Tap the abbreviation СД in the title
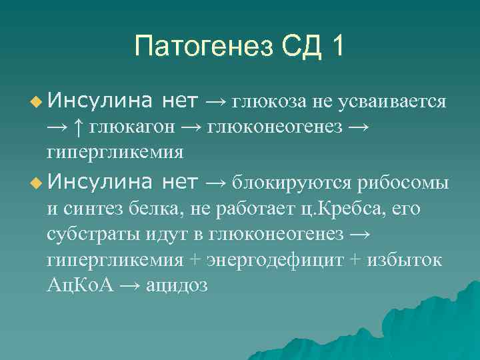pos(301,47)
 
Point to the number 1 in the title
pos(338,47)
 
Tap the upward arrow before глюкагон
pos(79,127)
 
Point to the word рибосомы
pos(403,182)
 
